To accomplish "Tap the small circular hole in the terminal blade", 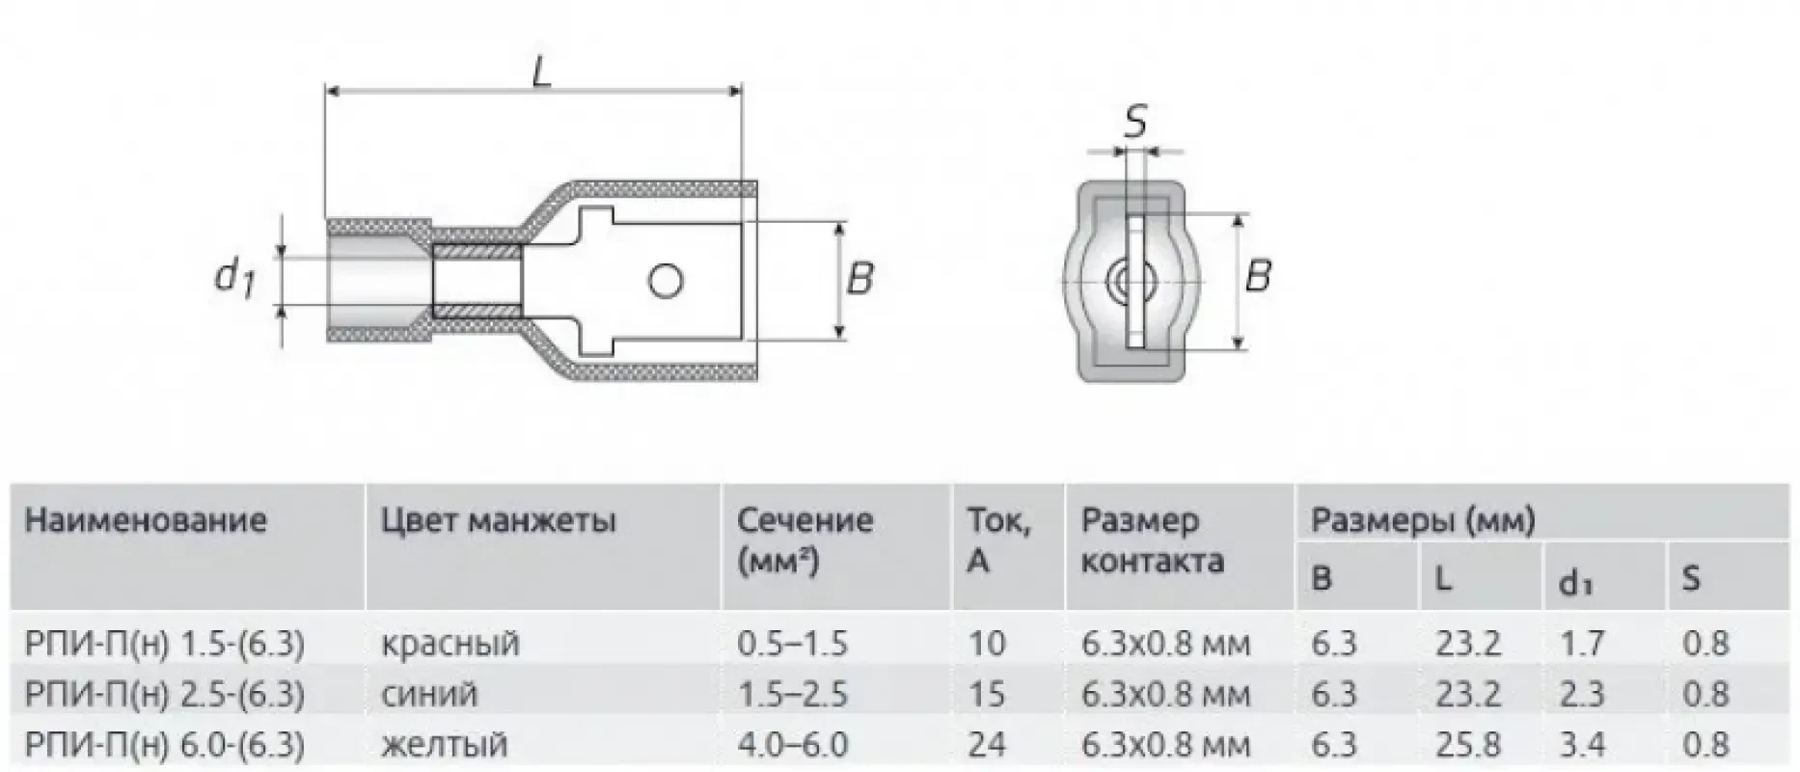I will tap(666, 282).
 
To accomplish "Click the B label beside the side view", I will tap(859, 279).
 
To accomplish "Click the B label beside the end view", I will tap(1257, 276).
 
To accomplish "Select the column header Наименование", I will tap(145, 521).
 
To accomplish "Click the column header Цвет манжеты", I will tap(498, 521).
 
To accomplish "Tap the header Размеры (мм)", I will tap(1422, 521).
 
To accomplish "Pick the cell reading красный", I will tap(450, 643).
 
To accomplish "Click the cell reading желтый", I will tap(444, 744).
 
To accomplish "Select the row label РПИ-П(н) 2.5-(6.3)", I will tap(165, 694).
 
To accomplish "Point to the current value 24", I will tap(986, 744).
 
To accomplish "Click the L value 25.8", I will tap(1467, 744).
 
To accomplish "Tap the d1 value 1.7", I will tap(1582, 643).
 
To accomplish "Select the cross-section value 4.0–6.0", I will tap(792, 744).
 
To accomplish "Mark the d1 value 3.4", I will tap(1582, 744).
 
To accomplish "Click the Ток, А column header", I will tap(998, 540).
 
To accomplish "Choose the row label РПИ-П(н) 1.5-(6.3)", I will tap(165, 643).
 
